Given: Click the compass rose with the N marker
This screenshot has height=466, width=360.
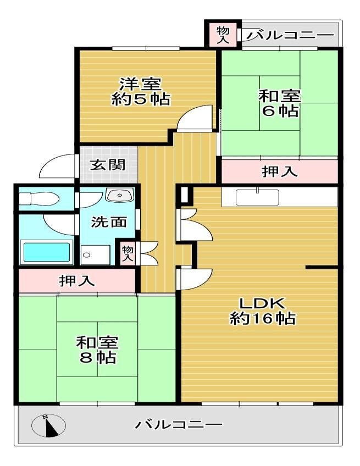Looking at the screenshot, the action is click(x=48, y=425).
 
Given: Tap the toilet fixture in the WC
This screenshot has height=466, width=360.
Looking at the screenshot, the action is click(x=38, y=198).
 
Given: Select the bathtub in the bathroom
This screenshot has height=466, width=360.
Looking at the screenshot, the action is click(x=47, y=252).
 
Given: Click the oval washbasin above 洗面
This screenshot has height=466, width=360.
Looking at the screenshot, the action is click(x=120, y=195).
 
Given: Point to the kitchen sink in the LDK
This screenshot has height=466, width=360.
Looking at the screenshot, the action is click(x=257, y=197).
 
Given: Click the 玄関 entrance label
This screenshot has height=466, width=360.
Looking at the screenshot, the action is click(x=108, y=165).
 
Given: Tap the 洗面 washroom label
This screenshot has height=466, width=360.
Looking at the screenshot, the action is click(x=109, y=221).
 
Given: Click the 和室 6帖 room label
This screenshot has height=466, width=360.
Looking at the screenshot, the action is click(x=279, y=103).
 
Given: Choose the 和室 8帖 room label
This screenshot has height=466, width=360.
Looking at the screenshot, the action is click(x=97, y=350).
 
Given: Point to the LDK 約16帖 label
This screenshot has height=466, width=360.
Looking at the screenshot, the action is click(x=263, y=311).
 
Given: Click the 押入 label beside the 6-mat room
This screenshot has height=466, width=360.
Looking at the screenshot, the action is click(x=279, y=171).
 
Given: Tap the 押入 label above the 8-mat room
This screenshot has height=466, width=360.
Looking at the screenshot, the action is click(x=77, y=281).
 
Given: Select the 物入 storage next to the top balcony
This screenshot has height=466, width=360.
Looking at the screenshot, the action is click(x=223, y=35).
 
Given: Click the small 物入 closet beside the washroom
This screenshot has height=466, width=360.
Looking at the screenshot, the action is click(x=128, y=253).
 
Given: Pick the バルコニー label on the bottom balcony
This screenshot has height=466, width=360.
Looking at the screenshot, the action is click(x=179, y=424).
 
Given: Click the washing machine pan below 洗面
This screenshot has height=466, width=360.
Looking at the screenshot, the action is click(x=95, y=254).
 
